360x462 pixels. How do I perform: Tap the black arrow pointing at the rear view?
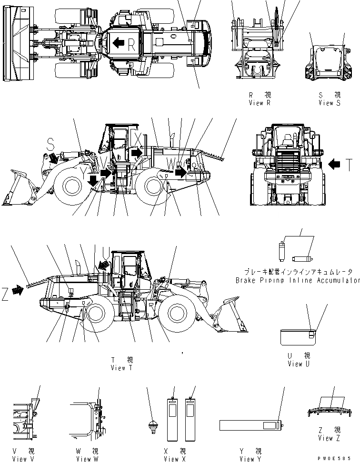(x=335, y=164)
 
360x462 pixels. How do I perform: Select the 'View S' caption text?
(x=330, y=103)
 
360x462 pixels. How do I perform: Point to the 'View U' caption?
(x=299, y=364)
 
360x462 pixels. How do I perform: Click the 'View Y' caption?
(x=250, y=459)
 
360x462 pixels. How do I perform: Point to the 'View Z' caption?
(x=329, y=438)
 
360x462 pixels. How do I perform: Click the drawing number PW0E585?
(x=340, y=457)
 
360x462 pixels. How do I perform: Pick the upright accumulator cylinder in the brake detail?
(x=281, y=250)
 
